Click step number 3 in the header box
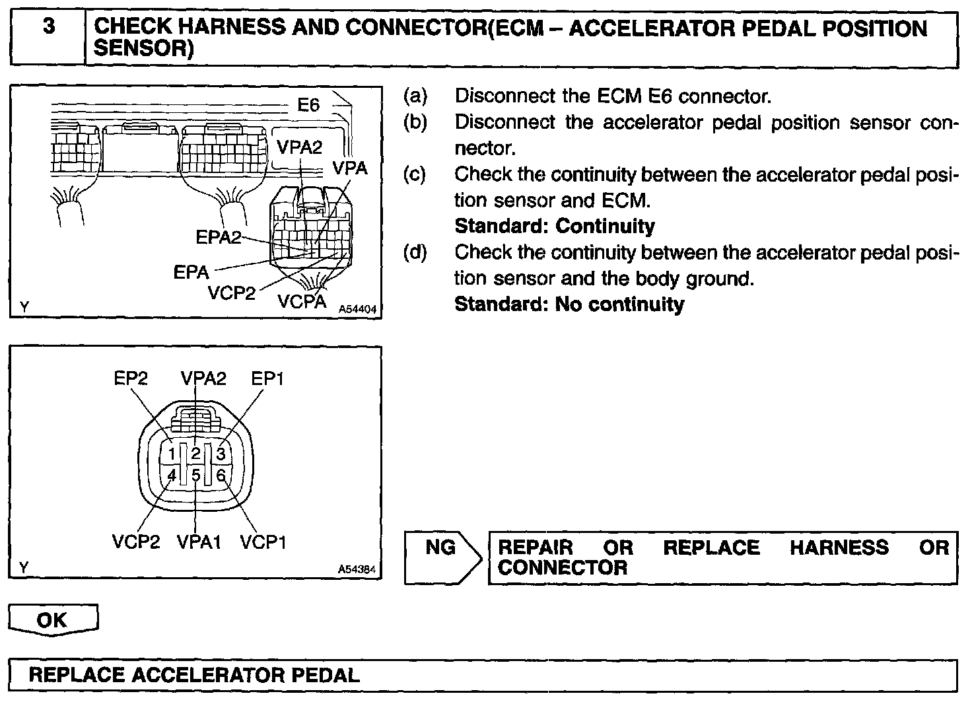coord(48,28)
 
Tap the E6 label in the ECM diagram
coord(308,105)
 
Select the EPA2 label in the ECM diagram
coord(219,237)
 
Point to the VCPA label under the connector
coord(302,302)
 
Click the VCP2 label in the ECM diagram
coord(232,293)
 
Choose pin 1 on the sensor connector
coord(172,454)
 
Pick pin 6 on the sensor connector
coord(221,475)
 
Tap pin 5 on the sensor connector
coord(196,475)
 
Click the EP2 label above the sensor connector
coord(131,378)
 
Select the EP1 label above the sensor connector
coord(267,378)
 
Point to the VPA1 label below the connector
coord(199,542)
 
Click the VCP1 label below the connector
coord(263,542)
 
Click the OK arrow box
coord(53,620)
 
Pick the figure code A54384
coord(358,569)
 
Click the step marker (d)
coord(415,252)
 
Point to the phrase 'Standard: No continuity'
coord(569,304)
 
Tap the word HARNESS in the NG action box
coord(839,547)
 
